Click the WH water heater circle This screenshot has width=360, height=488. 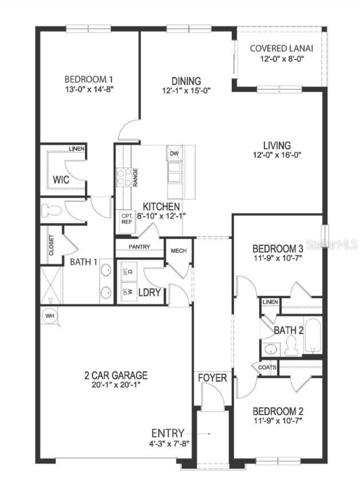(x=50, y=316)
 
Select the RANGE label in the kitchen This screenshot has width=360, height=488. (x=135, y=177)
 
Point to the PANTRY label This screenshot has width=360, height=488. (x=139, y=247)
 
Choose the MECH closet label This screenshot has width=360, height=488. (x=179, y=250)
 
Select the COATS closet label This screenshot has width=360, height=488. (x=267, y=367)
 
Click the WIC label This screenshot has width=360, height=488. (x=61, y=180)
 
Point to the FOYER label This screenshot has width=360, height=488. (x=212, y=378)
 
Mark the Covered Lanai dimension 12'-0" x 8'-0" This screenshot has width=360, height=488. (x=282, y=59)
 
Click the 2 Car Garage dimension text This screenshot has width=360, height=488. (x=116, y=385)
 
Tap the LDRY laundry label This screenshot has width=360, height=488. (x=149, y=292)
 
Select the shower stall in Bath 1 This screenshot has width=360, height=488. (x=51, y=285)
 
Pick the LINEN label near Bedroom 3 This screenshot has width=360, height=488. (x=270, y=302)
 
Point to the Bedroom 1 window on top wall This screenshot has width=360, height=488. (x=89, y=28)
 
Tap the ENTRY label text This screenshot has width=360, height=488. (x=168, y=433)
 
